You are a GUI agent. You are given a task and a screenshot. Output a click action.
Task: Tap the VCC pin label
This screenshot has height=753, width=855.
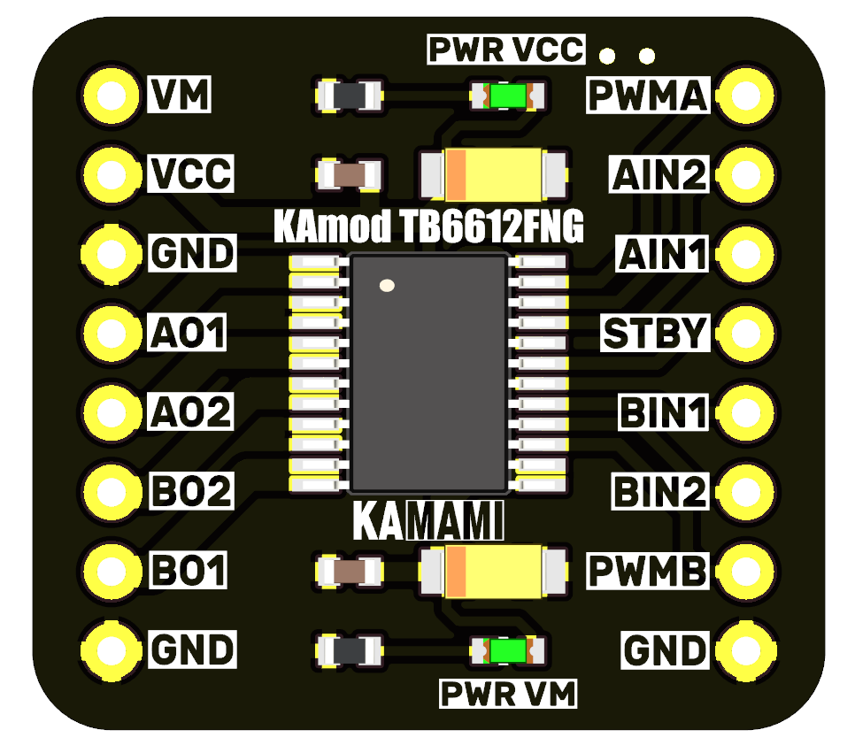[x=190, y=174]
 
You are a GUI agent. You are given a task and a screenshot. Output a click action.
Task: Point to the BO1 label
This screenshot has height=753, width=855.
[x=189, y=570]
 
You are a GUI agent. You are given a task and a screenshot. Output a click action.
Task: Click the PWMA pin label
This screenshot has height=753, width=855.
[x=648, y=96]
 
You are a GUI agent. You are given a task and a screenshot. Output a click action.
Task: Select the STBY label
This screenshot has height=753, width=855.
[x=655, y=334]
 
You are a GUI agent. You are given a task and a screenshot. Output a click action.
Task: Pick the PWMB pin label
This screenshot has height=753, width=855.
[x=648, y=571]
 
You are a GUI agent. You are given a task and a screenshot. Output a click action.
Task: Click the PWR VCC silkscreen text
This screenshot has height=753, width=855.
[x=506, y=50]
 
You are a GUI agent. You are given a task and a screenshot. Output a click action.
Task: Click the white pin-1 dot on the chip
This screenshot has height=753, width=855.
[x=386, y=286]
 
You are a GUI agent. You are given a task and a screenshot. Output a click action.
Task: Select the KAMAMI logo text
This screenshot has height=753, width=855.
[x=427, y=522]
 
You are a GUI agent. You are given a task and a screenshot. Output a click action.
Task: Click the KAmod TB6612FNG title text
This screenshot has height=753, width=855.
[x=428, y=228]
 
